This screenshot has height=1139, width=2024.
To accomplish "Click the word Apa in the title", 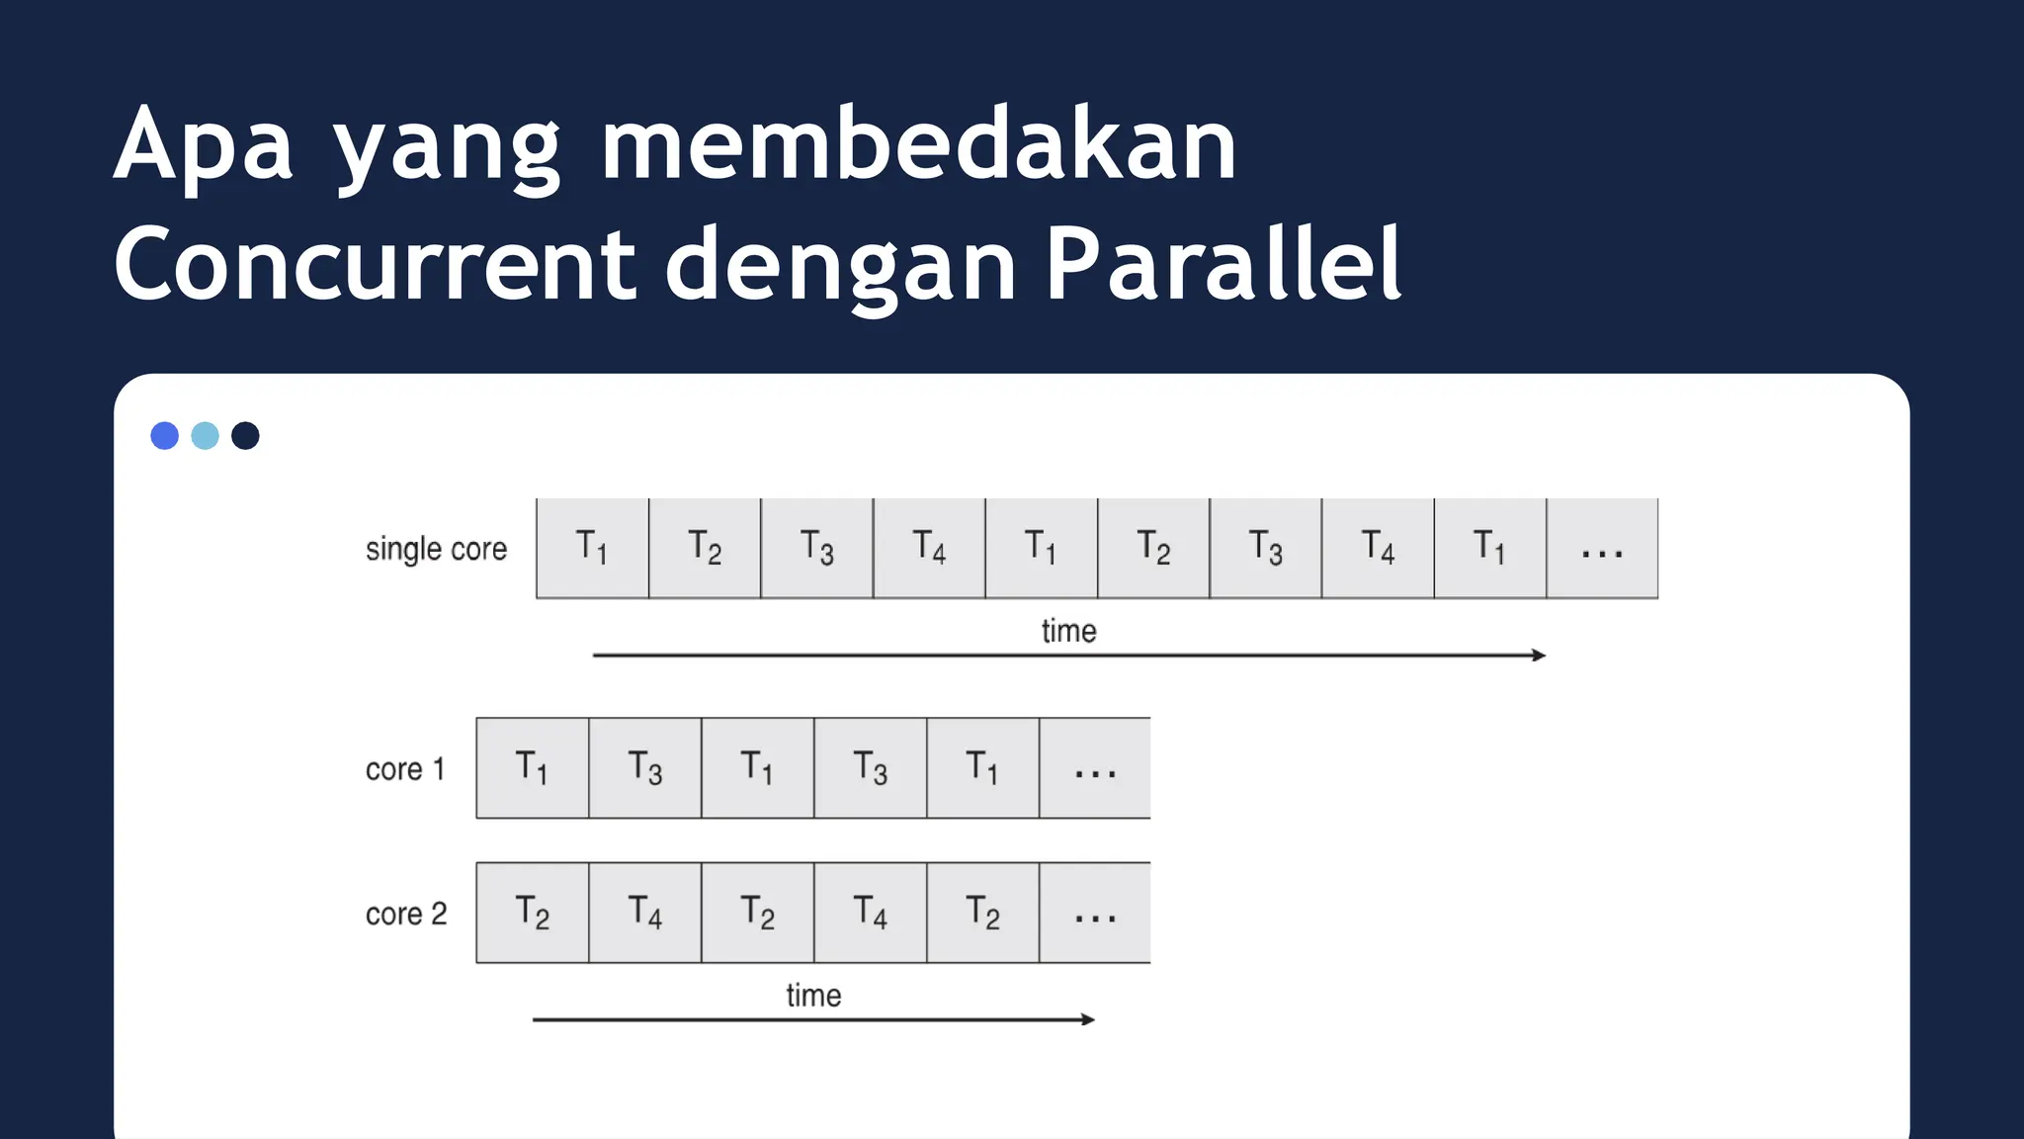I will tap(203, 145).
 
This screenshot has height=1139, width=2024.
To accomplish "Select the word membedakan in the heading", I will tap(918, 145).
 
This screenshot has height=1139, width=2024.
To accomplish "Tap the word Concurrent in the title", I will tap(375, 264).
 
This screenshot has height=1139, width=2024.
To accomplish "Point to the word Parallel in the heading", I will tap(1223, 264).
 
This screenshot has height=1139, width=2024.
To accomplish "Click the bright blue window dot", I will tap(164, 436).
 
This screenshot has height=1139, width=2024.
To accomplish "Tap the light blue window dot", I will tap(205, 436).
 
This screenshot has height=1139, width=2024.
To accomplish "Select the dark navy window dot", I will tap(245, 436).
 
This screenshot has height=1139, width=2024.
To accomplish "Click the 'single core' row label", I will tap(436, 549).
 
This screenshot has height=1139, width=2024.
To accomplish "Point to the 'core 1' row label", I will tap(405, 769).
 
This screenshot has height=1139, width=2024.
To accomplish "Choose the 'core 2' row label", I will tap(406, 914).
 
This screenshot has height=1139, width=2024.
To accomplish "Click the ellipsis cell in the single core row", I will tap(1602, 549).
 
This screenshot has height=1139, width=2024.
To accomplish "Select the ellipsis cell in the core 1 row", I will tap(1095, 769).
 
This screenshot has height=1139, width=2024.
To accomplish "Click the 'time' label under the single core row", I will tap(1068, 631).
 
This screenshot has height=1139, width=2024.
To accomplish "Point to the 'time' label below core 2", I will tap(813, 995).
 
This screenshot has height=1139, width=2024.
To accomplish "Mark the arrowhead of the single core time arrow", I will tap(1540, 656).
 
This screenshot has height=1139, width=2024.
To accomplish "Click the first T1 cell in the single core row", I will tap(592, 549).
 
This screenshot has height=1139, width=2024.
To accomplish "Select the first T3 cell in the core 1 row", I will tap(645, 769).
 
